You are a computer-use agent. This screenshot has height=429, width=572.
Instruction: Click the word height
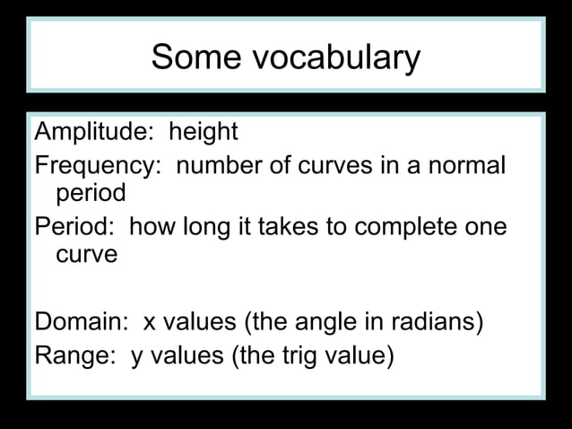[203, 133]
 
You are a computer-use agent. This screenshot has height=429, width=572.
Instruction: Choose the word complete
[408, 226]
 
